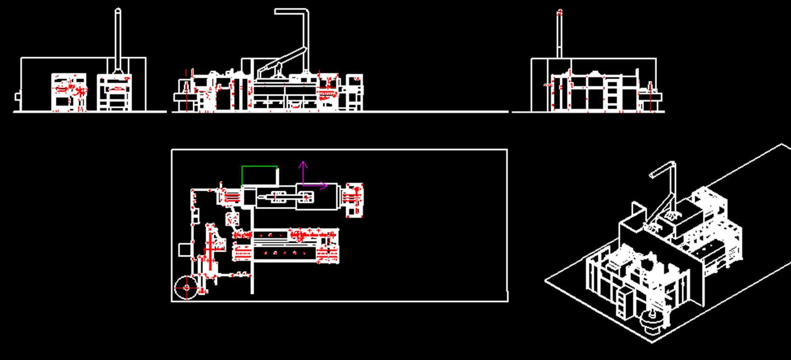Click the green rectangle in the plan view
(260, 176)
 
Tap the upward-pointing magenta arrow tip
(303, 163)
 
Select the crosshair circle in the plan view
(187, 287)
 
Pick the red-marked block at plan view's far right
(354, 200)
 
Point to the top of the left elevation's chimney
(118, 10)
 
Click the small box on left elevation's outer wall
(18, 96)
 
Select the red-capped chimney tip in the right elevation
(560, 12)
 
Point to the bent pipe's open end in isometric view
(652, 175)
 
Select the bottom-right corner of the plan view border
(507, 301)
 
